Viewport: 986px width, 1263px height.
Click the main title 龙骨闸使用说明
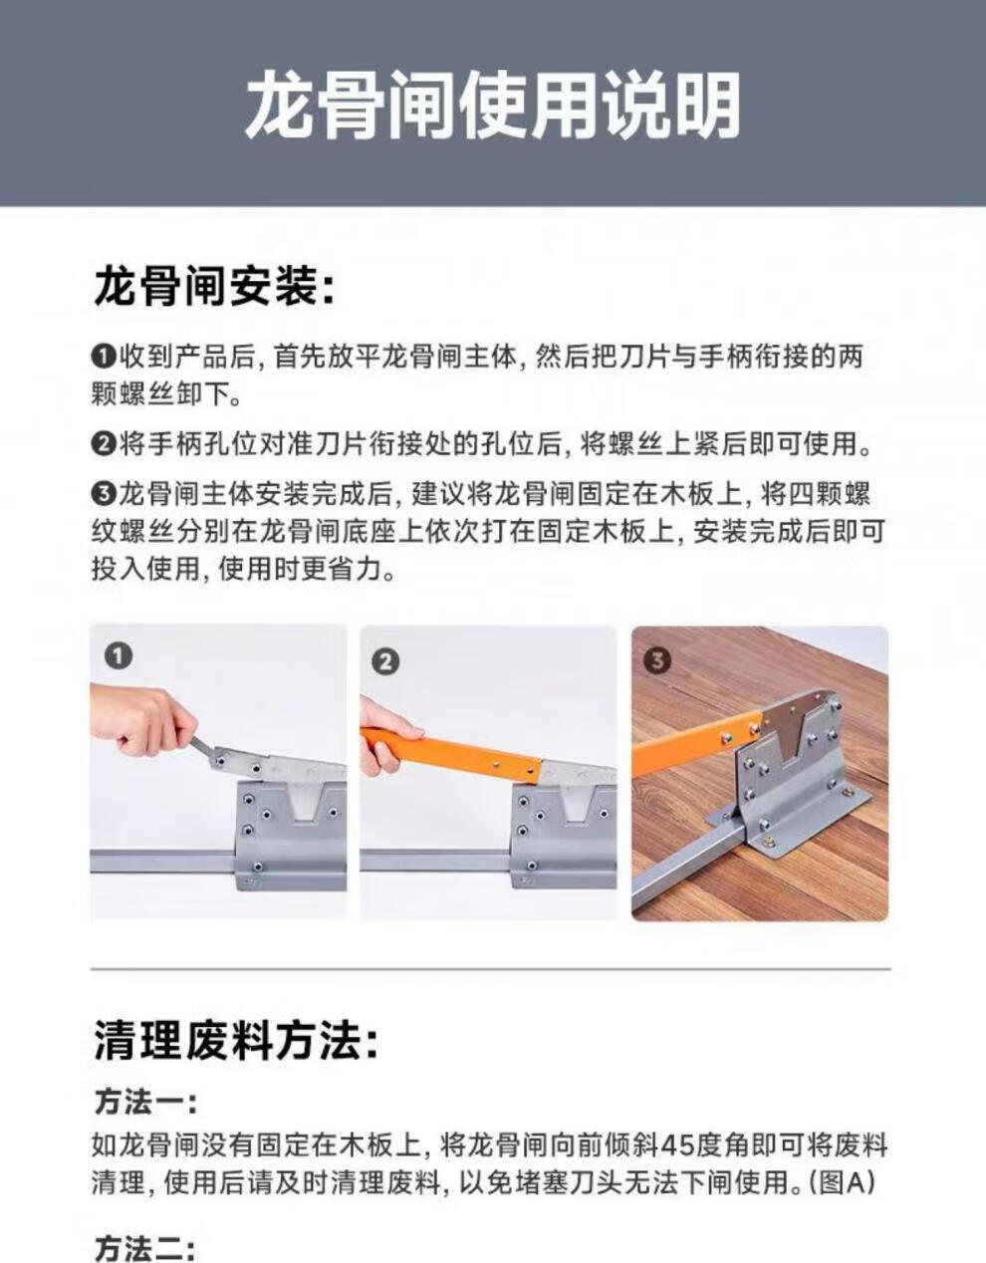pos(492,107)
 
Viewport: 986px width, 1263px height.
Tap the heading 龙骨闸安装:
pos(215,287)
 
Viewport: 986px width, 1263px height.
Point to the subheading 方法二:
pos(145,1250)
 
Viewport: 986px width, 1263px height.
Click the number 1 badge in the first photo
pos(119,656)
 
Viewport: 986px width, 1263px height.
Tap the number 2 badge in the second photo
pos(385,661)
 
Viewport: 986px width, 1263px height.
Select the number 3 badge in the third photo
pos(657,660)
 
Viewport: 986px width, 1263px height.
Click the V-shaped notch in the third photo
pos(789,736)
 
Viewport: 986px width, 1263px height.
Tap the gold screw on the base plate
pos(770,840)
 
